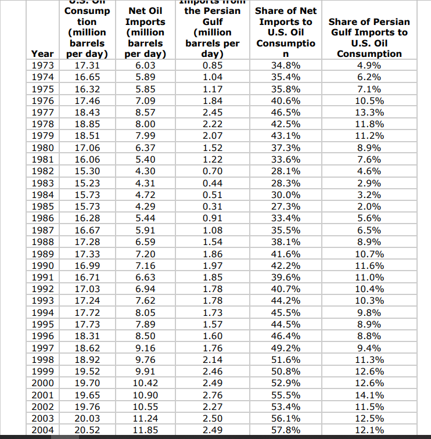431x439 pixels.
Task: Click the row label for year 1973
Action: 42,64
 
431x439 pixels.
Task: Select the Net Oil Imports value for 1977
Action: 145,112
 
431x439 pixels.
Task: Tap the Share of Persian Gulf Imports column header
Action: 368,37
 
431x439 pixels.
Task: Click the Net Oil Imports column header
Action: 145,33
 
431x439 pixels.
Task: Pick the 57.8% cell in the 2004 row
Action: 286,430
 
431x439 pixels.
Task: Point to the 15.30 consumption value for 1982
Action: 87,171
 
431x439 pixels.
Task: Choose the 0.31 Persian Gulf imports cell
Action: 212,206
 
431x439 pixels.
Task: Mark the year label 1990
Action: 42,265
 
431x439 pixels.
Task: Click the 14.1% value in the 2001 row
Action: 368,394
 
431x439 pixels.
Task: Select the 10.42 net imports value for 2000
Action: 145,383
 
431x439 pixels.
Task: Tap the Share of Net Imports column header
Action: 286,33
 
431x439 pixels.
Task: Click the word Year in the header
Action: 42,53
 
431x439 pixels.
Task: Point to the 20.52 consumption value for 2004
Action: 87,430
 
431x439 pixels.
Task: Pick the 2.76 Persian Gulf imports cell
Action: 212,394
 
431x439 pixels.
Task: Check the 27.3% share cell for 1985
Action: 286,206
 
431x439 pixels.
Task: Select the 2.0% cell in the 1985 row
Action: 368,206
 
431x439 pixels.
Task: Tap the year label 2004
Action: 42,430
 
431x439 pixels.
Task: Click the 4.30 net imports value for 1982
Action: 145,171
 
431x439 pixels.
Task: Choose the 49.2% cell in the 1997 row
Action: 286,347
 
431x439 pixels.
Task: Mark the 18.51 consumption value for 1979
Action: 87,135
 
